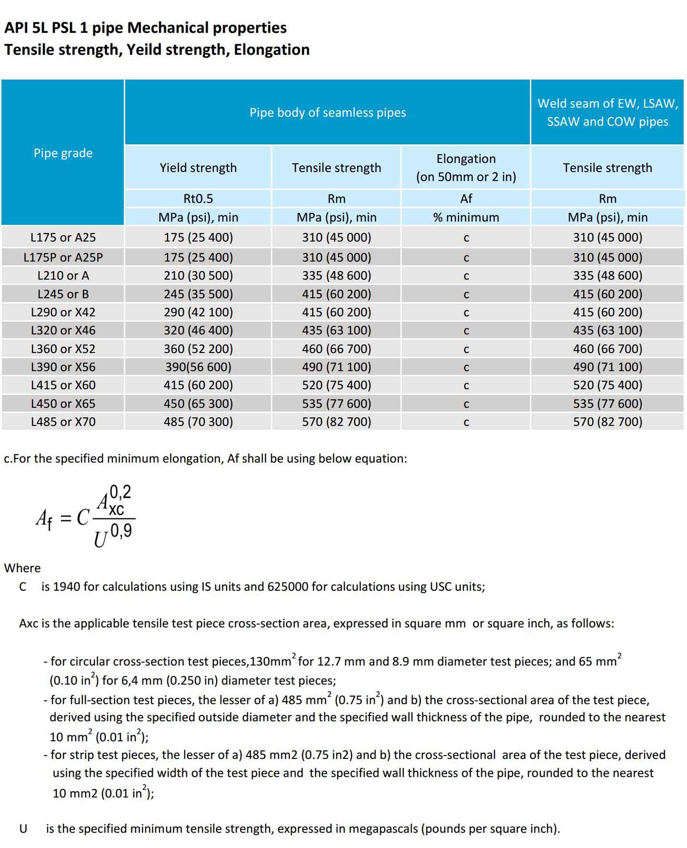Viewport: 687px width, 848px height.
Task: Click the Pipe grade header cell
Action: point(63,153)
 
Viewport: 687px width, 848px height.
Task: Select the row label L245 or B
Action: point(63,294)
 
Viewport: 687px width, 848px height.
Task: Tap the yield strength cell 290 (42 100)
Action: point(198,312)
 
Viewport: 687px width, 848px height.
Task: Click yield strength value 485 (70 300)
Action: point(198,422)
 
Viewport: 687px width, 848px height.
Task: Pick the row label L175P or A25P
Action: point(63,257)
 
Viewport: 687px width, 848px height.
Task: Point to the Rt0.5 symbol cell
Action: point(198,199)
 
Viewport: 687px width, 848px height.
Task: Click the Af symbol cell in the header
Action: point(466,199)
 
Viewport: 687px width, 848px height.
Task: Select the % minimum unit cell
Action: point(466,217)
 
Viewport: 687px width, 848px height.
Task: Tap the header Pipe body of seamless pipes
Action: point(328,112)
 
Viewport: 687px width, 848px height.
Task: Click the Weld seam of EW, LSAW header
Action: point(607,112)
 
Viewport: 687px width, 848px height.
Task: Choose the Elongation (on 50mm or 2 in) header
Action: point(466,168)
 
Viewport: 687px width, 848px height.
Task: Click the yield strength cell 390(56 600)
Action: point(198,367)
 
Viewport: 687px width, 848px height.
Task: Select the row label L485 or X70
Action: point(63,422)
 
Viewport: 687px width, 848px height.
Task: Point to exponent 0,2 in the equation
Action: point(120,492)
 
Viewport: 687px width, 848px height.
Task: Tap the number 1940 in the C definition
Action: point(66,586)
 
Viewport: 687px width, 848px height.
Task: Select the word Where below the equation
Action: point(22,568)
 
